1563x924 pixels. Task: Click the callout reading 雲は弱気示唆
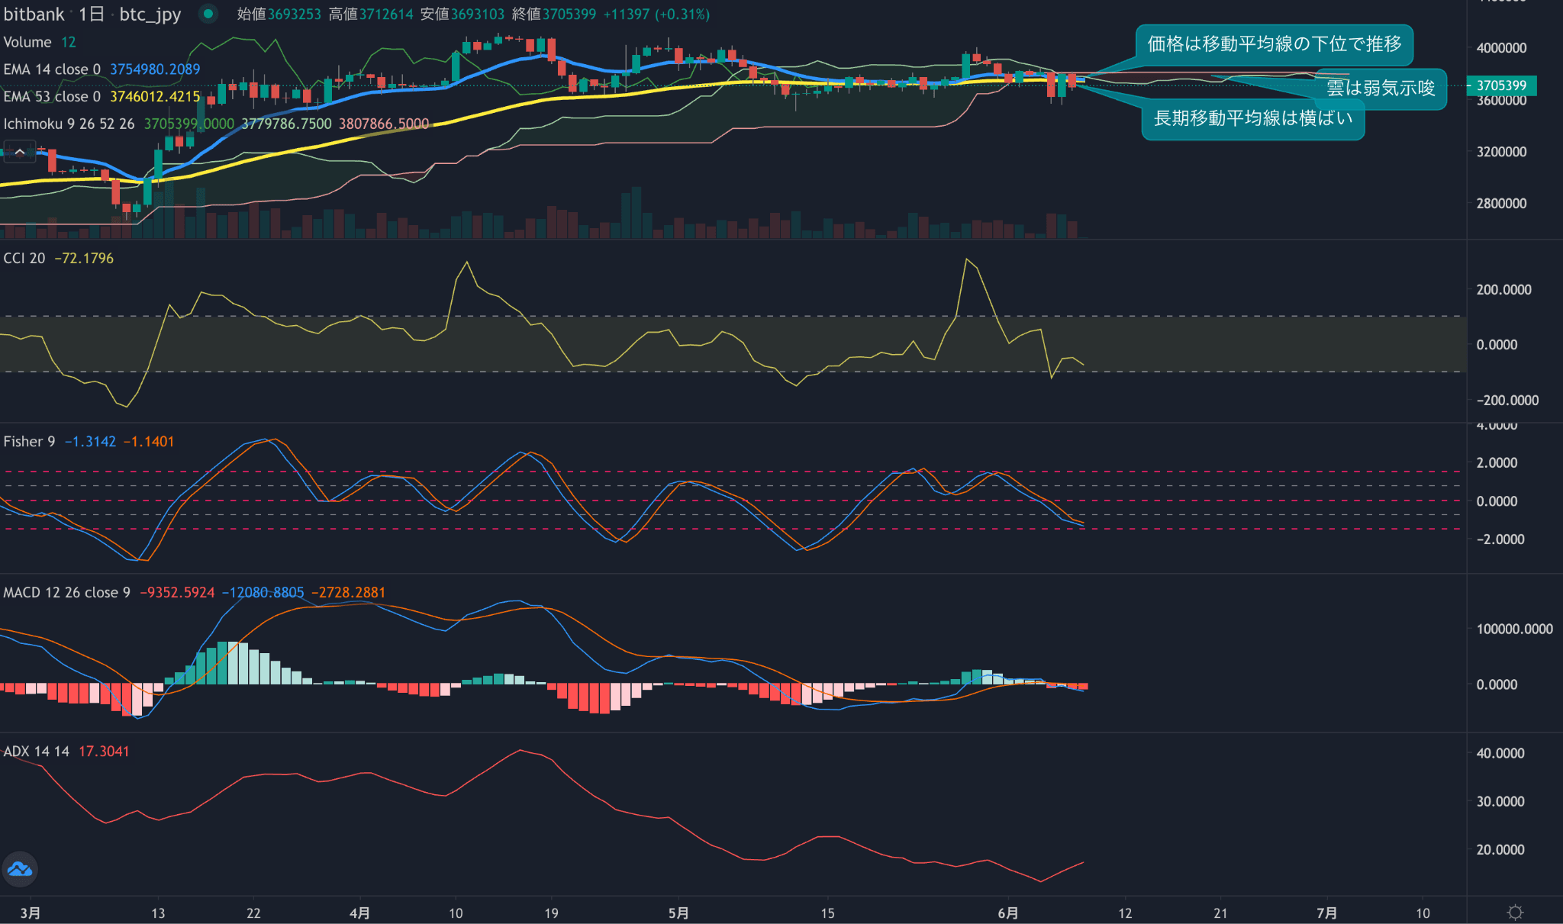tap(1380, 89)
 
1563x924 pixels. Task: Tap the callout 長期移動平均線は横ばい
tap(1252, 118)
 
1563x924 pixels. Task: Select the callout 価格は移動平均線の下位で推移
tap(1274, 44)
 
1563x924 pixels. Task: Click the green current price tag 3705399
tap(1500, 85)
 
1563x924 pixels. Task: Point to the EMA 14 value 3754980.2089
tap(155, 69)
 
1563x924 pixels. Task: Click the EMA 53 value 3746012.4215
tap(155, 97)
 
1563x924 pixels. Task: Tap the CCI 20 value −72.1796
tap(84, 259)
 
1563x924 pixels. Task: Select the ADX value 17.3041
tap(104, 752)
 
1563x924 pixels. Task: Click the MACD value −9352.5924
tap(177, 593)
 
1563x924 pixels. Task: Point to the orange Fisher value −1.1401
tap(149, 442)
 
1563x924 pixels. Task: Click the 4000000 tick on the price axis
tap(1501, 47)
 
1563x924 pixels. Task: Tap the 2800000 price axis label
tap(1501, 203)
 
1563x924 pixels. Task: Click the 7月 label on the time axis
tap(1326, 913)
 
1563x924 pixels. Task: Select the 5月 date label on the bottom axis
tap(678, 913)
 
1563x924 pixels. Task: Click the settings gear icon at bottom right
tap(1515, 913)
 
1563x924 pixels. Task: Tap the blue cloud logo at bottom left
tap(20, 869)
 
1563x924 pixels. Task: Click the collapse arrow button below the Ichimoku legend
tap(20, 152)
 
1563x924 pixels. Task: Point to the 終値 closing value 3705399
tap(569, 14)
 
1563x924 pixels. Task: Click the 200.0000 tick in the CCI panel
tap(1503, 290)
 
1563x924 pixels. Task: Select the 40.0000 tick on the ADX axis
tap(1500, 753)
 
